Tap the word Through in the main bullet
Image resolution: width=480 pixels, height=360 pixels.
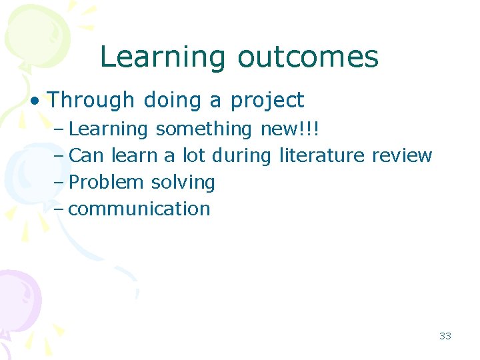tap(91, 101)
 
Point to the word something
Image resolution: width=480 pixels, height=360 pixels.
tap(204, 129)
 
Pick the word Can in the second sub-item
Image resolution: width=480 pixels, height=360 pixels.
tap(87, 155)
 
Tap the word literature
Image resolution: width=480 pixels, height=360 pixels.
tap(322, 155)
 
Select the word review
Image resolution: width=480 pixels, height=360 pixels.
tap(402, 155)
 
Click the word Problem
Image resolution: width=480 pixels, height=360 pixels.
tap(107, 182)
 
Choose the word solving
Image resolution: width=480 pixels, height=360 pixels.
tap(183, 183)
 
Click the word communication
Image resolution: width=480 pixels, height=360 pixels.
tap(139, 209)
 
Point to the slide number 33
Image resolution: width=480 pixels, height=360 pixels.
tap(445, 336)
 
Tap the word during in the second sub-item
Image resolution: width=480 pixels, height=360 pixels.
tap(241, 155)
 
